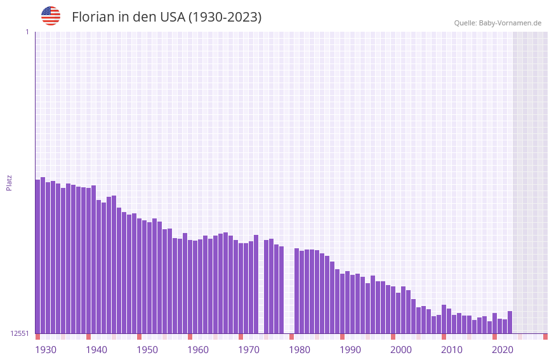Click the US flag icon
[x=51, y=16]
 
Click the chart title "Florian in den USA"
[x=166, y=17]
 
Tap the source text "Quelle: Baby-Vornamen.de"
[x=498, y=23]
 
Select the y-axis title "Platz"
[x=9, y=182]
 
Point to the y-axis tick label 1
[x=27, y=32]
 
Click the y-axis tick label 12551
[x=20, y=333]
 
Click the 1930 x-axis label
[x=46, y=350]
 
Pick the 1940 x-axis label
[x=96, y=350]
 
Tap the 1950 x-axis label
[x=147, y=350]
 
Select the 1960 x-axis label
[x=198, y=350]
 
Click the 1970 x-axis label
[x=249, y=350]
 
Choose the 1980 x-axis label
[x=300, y=350]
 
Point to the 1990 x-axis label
[x=350, y=350]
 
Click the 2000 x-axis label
[x=401, y=350]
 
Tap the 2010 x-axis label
[x=452, y=350]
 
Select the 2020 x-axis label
[x=503, y=350]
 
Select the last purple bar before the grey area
[x=510, y=322]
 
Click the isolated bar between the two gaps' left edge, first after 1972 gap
[x=267, y=286]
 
